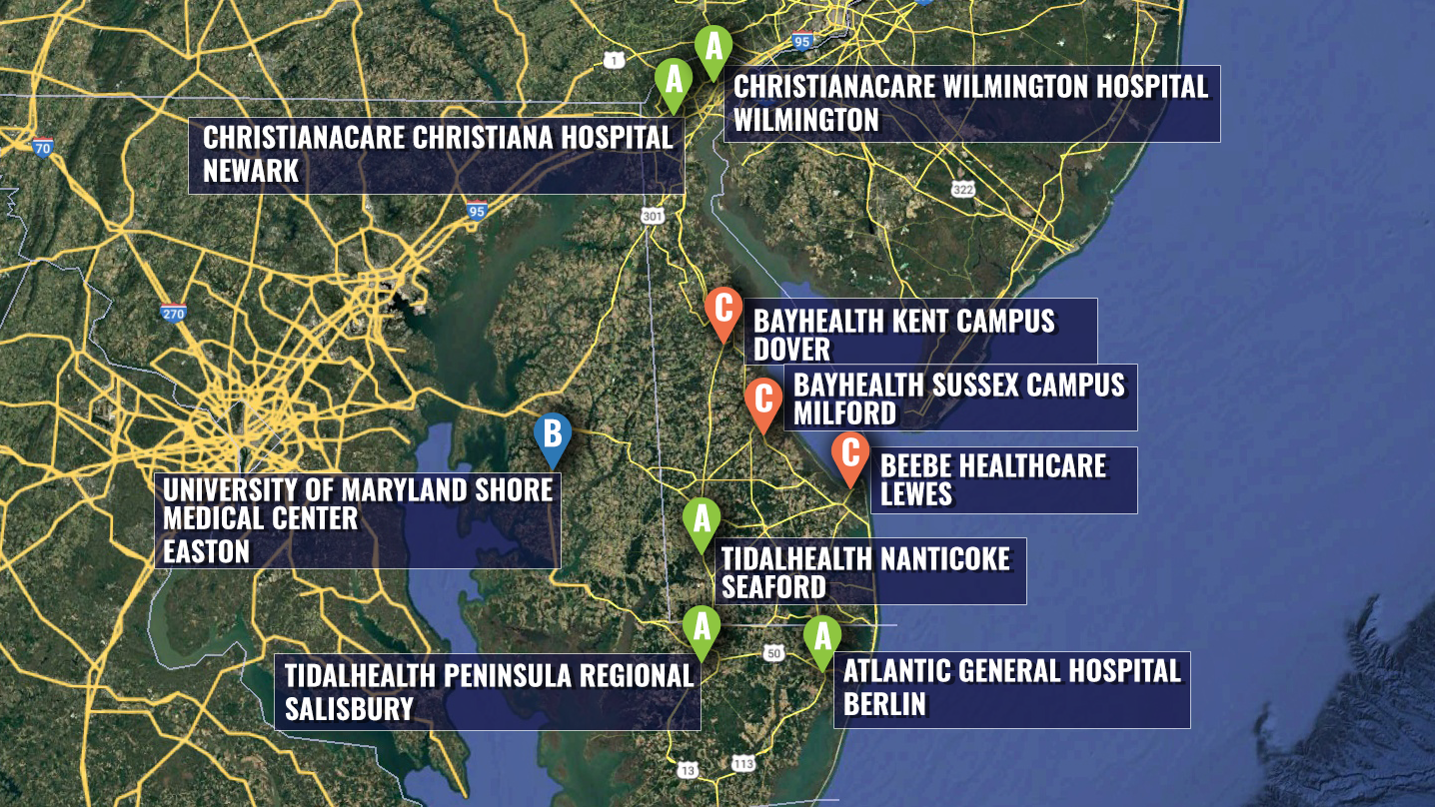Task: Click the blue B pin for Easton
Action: [552, 435]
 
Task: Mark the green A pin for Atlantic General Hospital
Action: [821, 636]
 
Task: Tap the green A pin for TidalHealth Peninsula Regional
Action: [701, 628]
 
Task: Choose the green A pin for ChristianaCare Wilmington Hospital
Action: [714, 48]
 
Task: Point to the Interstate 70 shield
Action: [42, 148]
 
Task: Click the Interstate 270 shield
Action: [173, 312]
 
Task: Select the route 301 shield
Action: [653, 216]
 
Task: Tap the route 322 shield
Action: [962, 189]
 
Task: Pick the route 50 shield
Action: [773, 653]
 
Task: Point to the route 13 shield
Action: [688, 769]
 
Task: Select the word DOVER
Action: [791, 350]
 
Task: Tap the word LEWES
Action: [916, 494]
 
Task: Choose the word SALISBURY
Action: [349, 709]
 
